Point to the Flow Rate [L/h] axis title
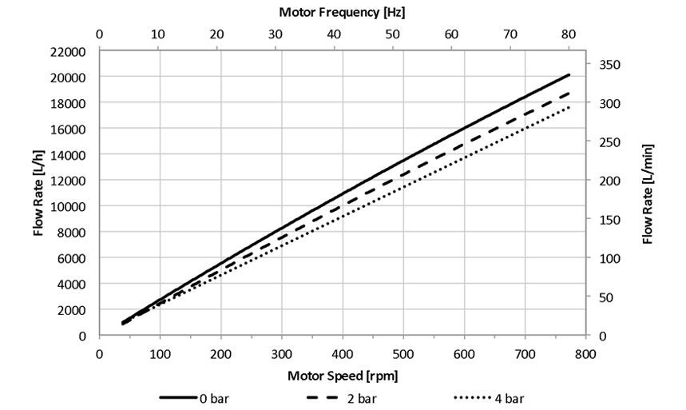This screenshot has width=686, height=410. [x=38, y=193]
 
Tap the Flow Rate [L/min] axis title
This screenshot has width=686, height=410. [x=648, y=193]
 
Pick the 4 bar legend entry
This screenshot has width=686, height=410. [x=488, y=397]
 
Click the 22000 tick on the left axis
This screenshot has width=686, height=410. [x=69, y=52]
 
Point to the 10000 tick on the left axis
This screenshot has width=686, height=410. [x=69, y=206]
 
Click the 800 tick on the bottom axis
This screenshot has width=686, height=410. [x=585, y=352]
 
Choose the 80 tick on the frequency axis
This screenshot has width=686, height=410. [x=569, y=34]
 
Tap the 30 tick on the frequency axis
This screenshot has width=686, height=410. [x=276, y=34]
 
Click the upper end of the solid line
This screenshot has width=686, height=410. [x=569, y=74]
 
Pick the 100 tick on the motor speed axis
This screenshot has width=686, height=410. [x=160, y=352]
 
